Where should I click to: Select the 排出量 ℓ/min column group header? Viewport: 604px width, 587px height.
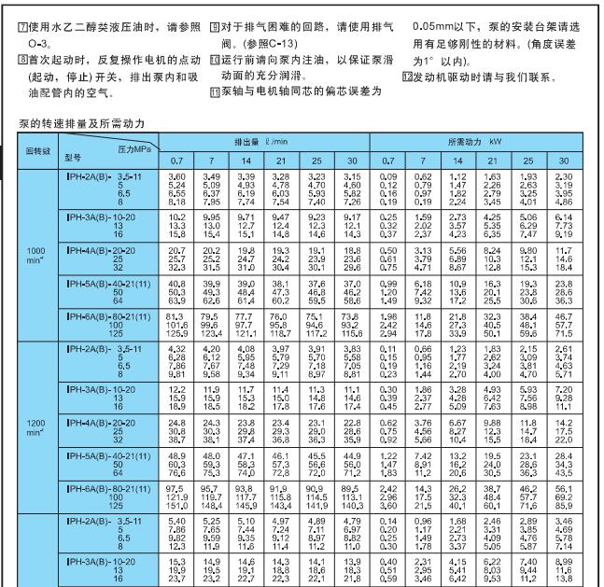[263, 140]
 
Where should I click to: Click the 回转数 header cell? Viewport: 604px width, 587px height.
[37, 148]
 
